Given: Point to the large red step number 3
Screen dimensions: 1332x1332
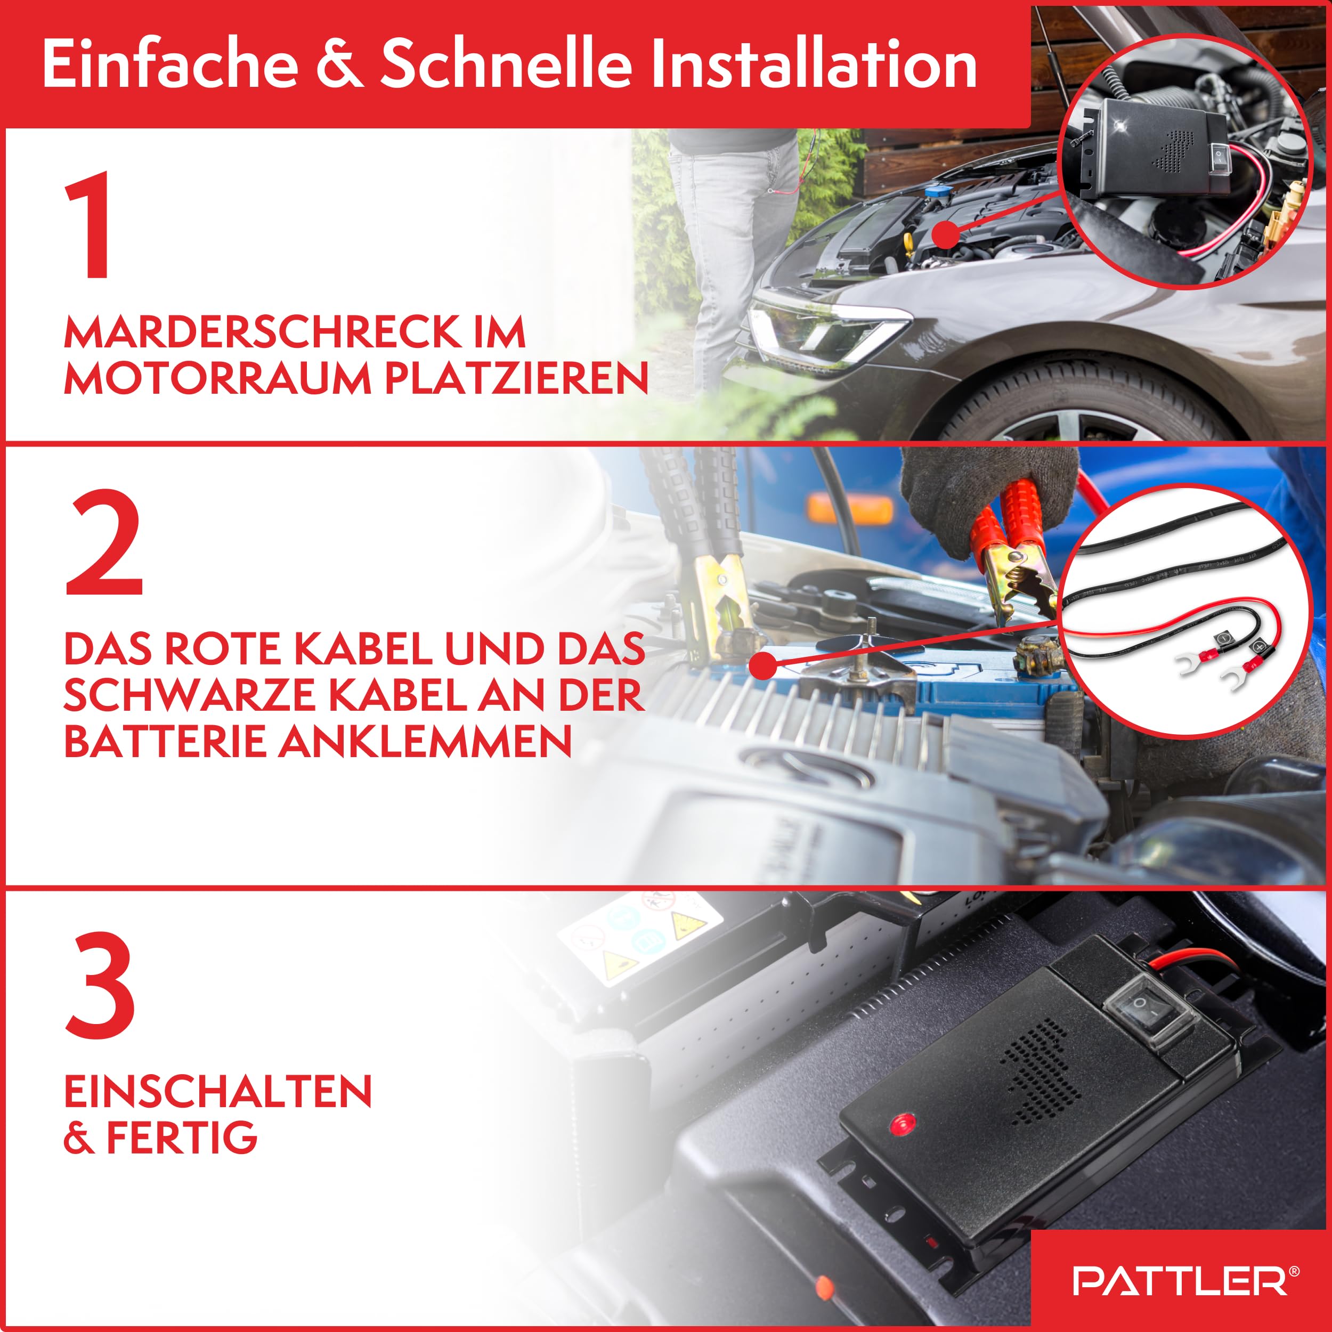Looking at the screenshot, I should (x=101, y=985).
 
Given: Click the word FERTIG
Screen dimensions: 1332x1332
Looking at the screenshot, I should (x=181, y=1138).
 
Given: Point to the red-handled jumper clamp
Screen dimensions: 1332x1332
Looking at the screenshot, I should (x=1013, y=545).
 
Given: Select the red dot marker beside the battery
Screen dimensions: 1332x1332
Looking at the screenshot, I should (x=762, y=666).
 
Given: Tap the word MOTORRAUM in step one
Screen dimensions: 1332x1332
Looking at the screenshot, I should (x=218, y=379).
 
